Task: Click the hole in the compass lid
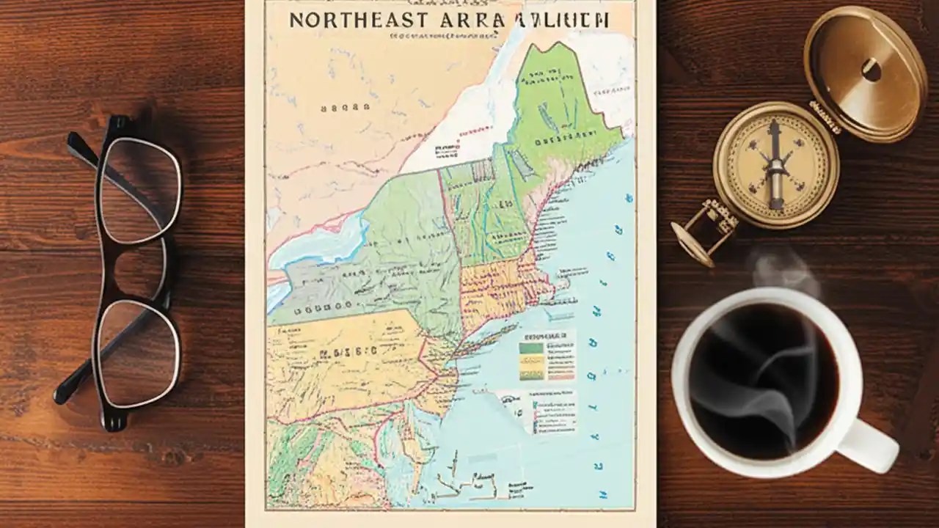click(x=872, y=70)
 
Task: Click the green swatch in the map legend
click(x=532, y=348)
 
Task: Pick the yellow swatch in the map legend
click(x=532, y=360)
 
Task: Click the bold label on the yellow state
click(x=346, y=351)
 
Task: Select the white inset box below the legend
click(x=539, y=411)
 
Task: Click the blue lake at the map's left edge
click(x=323, y=238)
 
